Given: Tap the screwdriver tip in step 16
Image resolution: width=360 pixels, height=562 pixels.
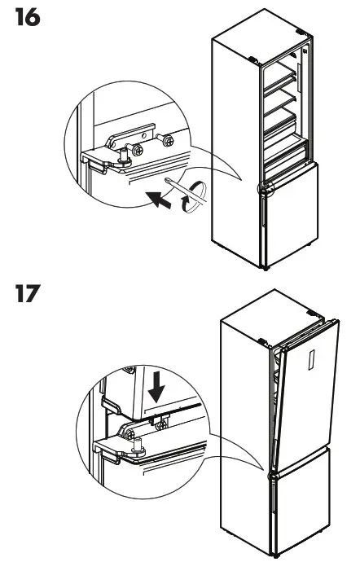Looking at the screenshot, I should (165, 177).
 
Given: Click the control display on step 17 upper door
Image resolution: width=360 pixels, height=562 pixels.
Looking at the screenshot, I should (310, 363).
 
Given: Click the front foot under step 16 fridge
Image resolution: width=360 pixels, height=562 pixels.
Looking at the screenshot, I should (265, 266).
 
